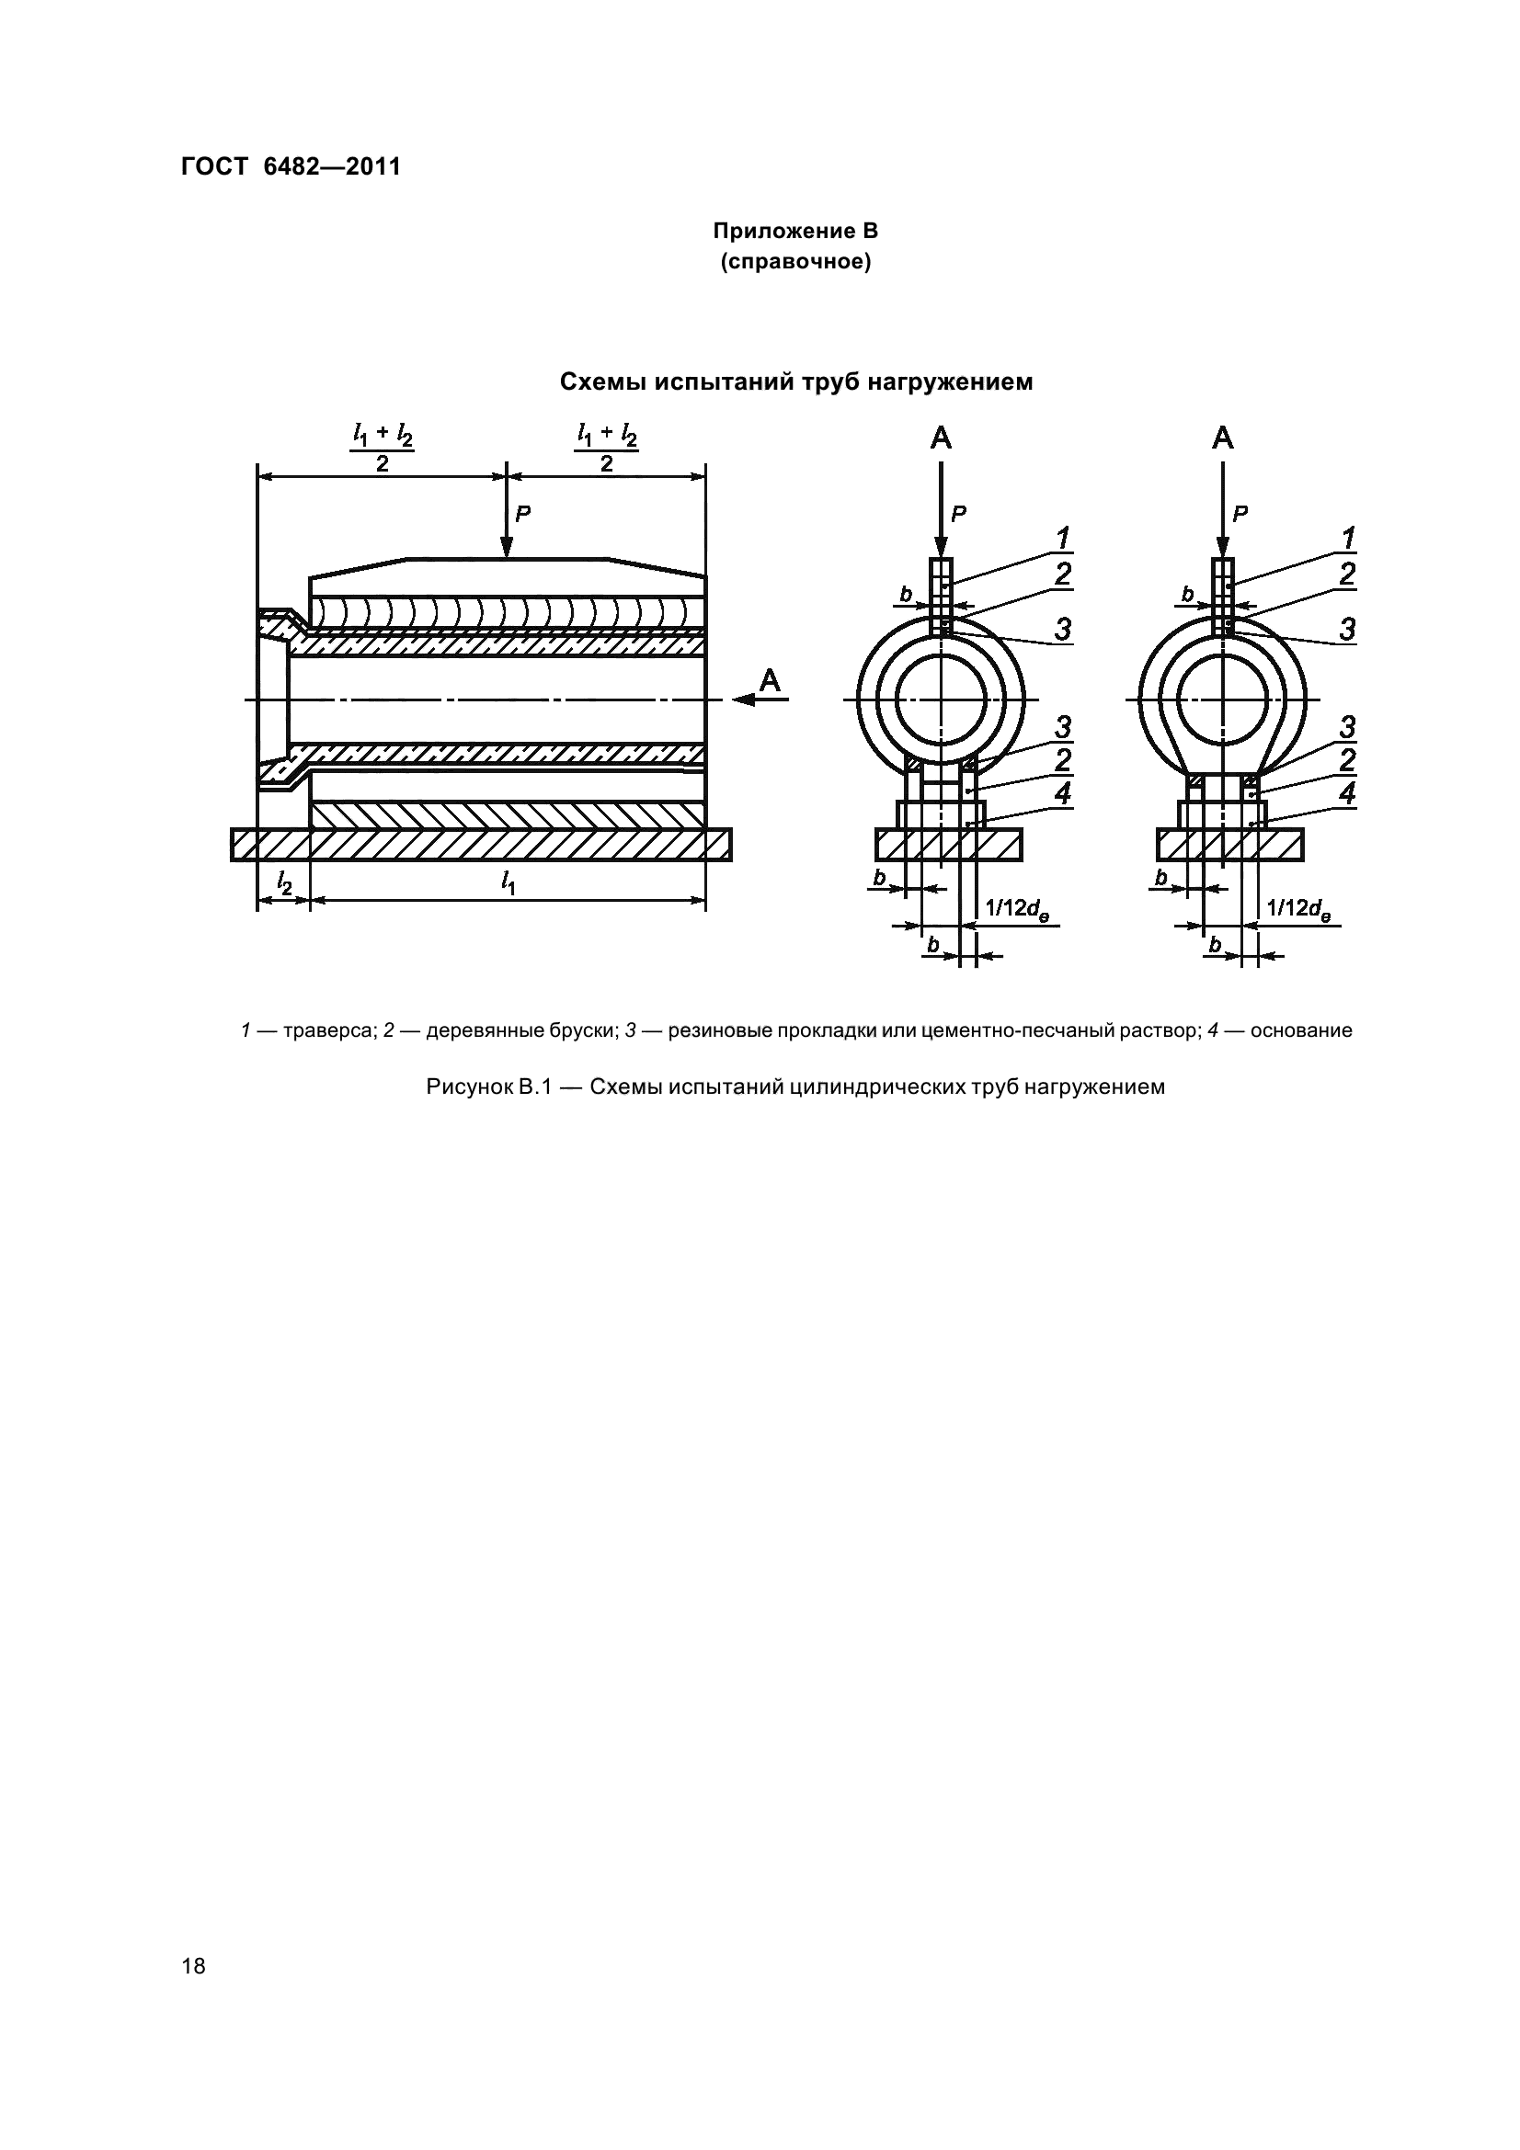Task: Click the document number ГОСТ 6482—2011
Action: click(291, 166)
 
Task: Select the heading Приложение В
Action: click(795, 231)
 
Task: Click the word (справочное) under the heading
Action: click(795, 262)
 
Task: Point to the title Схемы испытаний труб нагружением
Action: click(796, 382)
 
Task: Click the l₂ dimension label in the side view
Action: click(284, 882)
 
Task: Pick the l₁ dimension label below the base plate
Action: click(508, 882)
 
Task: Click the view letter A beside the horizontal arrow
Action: click(770, 681)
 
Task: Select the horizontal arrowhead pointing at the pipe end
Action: click(744, 700)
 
